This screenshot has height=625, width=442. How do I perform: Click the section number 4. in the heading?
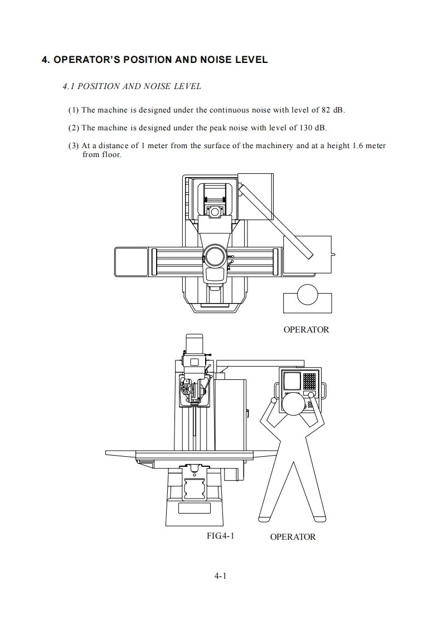(x=46, y=60)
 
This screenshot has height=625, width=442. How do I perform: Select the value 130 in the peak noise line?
(x=305, y=128)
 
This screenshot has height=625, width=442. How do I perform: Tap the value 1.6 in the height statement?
(x=347, y=146)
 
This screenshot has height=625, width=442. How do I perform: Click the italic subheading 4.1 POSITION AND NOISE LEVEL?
(x=132, y=86)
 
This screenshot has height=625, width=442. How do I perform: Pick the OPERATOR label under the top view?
(x=306, y=329)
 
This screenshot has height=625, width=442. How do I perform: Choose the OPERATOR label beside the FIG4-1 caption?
(x=293, y=537)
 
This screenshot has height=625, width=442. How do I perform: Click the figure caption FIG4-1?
(x=220, y=536)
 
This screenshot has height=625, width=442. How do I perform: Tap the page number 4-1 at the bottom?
(x=220, y=576)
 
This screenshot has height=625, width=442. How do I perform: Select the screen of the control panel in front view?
(x=291, y=381)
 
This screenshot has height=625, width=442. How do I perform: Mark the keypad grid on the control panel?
(x=309, y=380)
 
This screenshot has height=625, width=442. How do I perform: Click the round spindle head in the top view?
(x=215, y=256)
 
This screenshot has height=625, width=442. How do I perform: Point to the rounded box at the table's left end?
(x=132, y=262)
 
